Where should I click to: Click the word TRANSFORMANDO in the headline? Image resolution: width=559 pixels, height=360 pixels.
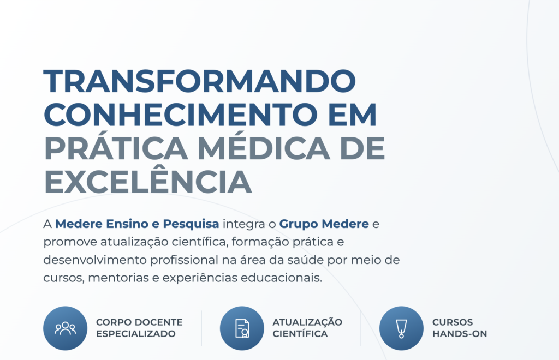tap(200, 81)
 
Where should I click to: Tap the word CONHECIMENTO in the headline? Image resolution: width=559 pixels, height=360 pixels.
tap(180, 115)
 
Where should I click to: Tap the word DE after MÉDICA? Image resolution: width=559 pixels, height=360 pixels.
tap(362, 148)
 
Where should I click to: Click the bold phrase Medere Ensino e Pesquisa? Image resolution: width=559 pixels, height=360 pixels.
tap(137, 224)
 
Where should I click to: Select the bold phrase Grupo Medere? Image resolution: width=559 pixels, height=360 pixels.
tap(324, 224)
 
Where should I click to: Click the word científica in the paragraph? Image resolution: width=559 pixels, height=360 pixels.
tap(199, 242)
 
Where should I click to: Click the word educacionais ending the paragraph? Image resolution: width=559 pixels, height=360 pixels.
tap(282, 278)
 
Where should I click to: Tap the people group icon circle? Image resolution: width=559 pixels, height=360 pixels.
tap(66, 328)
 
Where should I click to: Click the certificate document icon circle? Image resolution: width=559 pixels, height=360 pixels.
tap(242, 328)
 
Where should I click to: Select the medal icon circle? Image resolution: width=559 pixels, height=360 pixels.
tap(401, 328)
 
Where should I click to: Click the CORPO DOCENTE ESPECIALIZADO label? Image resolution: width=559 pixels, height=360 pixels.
tap(139, 328)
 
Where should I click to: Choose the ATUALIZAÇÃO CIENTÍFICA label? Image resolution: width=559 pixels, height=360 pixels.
tap(307, 328)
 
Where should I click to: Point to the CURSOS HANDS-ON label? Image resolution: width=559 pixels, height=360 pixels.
tap(460, 328)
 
